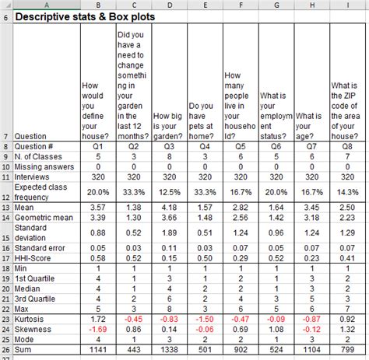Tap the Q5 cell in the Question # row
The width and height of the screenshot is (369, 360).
point(241,145)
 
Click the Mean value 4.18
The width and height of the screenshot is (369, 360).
point(170,208)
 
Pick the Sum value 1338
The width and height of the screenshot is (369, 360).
point(170,351)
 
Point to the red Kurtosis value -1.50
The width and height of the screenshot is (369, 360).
point(205,319)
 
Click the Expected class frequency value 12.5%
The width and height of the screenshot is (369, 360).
point(170,191)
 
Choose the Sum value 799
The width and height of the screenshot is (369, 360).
point(347,351)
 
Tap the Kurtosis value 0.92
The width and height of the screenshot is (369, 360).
point(347,319)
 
